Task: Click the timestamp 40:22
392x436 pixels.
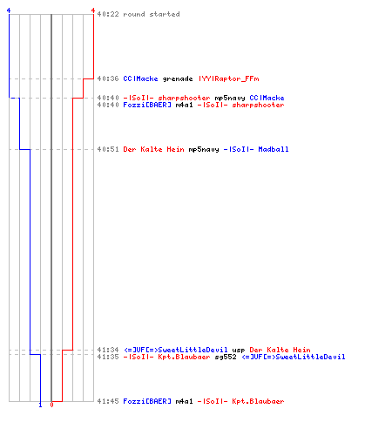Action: (108, 14)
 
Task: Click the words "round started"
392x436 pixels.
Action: (152, 14)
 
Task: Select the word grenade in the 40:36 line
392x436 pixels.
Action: (178, 78)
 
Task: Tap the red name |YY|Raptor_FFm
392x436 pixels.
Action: (229, 78)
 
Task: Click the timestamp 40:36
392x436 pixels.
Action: (108, 78)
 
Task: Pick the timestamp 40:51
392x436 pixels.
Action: (108, 149)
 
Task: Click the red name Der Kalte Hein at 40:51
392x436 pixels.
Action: (153, 149)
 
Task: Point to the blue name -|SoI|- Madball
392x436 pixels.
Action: (256, 149)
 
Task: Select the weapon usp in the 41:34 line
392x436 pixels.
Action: (239, 350)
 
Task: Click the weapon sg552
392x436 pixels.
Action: (226, 357)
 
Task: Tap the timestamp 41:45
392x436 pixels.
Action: (108, 401)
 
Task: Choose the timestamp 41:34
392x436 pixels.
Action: (108, 350)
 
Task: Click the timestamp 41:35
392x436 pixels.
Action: (108, 357)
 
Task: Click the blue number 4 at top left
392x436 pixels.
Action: (9, 10)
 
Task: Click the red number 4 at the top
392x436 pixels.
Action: (93, 10)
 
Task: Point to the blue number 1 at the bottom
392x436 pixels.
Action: (40, 405)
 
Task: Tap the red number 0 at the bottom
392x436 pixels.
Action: (51, 405)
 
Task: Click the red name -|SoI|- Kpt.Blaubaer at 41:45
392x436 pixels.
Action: (240, 401)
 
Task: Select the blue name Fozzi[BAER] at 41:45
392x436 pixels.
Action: (147, 401)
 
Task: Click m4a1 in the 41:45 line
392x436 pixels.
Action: (184, 401)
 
